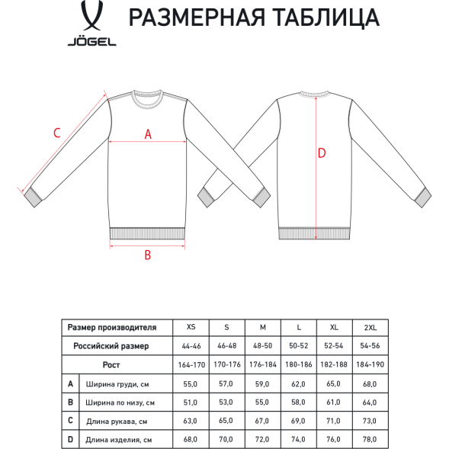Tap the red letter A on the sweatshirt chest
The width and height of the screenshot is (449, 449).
[149, 133]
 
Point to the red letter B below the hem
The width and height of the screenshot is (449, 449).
[148, 255]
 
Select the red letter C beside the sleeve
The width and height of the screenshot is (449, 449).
[56, 133]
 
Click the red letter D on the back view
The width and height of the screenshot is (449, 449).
[322, 153]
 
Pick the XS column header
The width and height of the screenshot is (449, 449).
[191, 327]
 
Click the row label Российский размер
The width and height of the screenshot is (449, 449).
[111, 345]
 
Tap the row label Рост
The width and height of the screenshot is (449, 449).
[112, 364]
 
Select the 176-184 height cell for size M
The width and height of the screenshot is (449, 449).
[263, 364]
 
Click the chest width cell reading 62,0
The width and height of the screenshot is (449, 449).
[299, 383]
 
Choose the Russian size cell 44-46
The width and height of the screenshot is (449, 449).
[191, 345]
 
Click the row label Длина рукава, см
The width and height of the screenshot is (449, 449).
[117, 421]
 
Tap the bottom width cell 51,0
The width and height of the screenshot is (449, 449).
[191, 402]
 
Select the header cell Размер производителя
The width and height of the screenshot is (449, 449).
[111, 327]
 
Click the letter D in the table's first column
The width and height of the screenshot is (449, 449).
[70, 439]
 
